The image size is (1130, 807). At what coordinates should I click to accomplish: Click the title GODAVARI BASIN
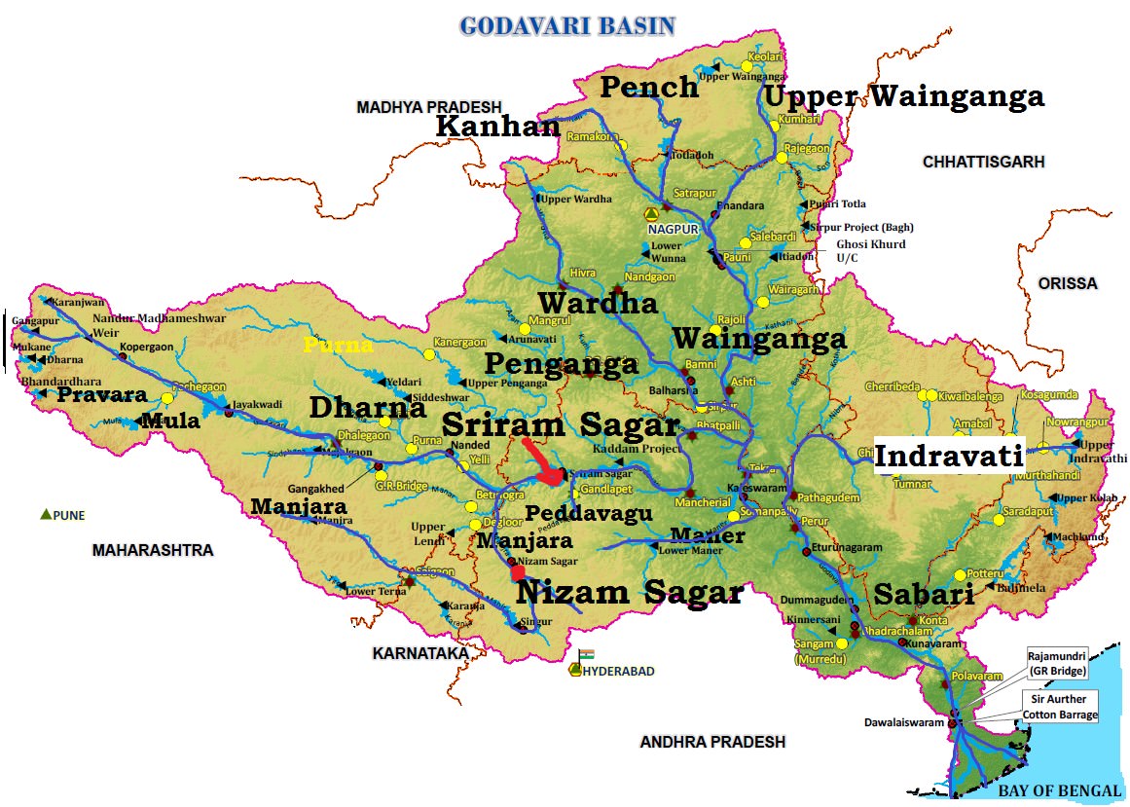pyautogui.click(x=567, y=25)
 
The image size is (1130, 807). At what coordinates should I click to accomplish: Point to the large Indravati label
pyautogui.click(x=949, y=456)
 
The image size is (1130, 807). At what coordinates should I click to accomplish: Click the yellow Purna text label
pyautogui.click(x=338, y=346)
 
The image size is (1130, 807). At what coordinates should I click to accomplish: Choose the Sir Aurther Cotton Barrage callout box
pyautogui.click(x=1060, y=707)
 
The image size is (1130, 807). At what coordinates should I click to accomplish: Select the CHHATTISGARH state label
pyautogui.click(x=983, y=162)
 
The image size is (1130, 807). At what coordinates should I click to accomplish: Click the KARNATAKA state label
pyautogui.click(x=420, y=653)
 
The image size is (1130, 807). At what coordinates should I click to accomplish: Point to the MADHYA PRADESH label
pyautogui.click(x=428, y=107)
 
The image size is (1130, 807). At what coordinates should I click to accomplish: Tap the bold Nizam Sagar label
pyautogui.click(x=629, y=591)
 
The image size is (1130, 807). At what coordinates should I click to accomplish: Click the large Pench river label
pyautogui.click(x=649, y=87)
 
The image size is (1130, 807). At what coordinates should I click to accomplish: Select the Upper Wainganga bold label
pyautogui.click(x=903, y=96)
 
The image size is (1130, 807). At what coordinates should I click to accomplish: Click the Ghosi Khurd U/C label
pyautogui.click(x=870, y=251)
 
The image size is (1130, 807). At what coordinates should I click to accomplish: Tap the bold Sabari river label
pyautogui.click(x=924, y=594)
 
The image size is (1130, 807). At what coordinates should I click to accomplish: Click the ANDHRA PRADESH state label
pyautogui.click(x=712, y=742)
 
